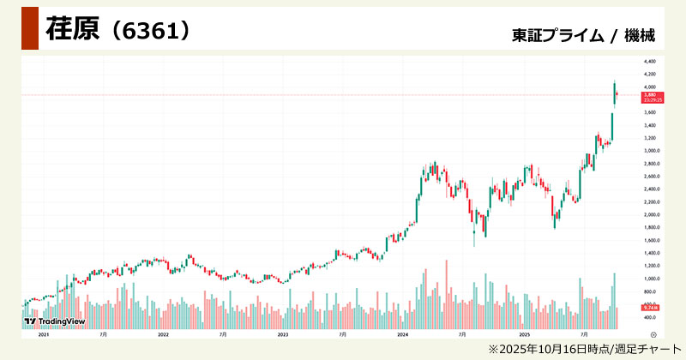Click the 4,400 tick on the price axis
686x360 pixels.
point(649,62)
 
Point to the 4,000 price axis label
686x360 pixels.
point(649,87)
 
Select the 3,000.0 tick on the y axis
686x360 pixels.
point(650,151)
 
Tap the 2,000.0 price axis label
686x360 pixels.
point(650,215)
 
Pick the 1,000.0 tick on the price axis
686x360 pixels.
point(650,279)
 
